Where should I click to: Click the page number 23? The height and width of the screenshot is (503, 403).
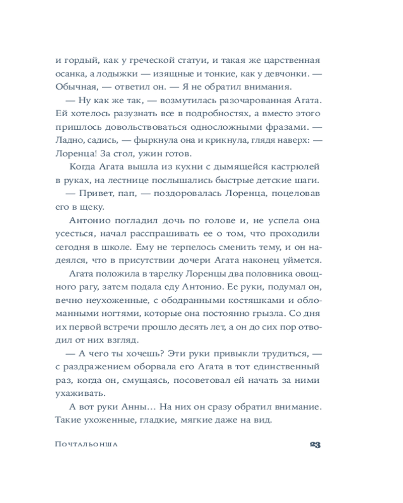[x=315, y=445]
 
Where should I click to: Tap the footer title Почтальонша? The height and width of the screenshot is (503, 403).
[x=89, y=445]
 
